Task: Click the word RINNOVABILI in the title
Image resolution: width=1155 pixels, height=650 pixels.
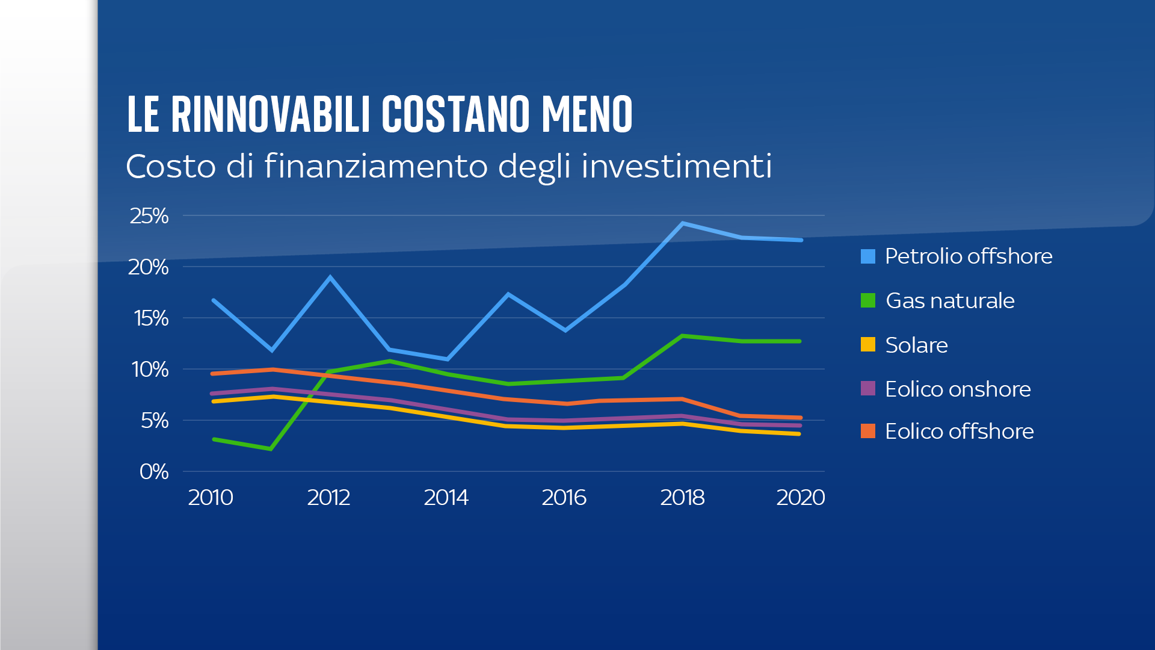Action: (271, 114)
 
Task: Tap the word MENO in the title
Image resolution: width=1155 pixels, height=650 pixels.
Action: (587, 114)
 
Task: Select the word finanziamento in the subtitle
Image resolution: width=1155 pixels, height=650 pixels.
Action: (376, 166)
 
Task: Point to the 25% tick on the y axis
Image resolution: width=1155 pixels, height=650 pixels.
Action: (149, 215)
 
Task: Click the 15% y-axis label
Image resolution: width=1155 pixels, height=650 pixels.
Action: (151, 318)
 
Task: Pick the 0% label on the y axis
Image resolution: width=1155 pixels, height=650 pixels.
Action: (154, 471)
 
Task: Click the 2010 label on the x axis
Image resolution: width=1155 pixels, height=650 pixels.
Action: (211, 497)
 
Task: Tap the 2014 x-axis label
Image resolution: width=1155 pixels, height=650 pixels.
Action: (446, 497)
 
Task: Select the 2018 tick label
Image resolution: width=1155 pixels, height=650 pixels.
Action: (682, 497)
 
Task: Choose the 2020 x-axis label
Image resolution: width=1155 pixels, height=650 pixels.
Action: (800, 497)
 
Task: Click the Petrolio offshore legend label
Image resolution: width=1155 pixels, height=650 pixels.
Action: (969, 256)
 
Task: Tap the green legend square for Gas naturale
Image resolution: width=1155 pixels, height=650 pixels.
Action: (868, 300)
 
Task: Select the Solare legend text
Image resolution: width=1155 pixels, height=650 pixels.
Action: (916, 345)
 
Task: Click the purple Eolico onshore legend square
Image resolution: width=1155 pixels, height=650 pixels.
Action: (868, 389)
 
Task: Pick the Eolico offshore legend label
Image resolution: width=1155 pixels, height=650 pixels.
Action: (959, 431)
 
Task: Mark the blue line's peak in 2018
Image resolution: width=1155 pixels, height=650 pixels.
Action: (683, 223)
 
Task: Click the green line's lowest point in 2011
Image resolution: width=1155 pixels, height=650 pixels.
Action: (271, 449)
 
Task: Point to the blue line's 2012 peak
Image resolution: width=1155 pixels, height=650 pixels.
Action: (330, 277)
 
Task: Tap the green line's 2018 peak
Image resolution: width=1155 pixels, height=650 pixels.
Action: (682, 336)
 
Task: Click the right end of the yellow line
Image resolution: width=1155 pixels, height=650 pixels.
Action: (799, 433)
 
